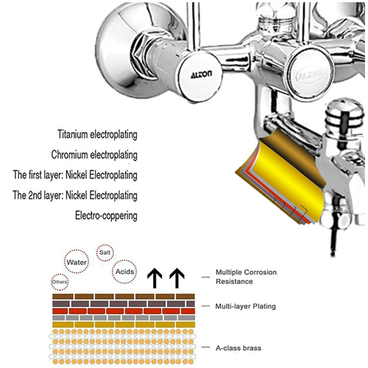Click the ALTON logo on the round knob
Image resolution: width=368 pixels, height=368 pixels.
[x=201, y=74]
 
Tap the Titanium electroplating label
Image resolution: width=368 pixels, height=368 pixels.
[x=97, y=135]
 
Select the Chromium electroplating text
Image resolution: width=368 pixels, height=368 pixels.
[x=94, y=155]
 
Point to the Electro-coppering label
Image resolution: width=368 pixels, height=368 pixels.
[x=106, y=216]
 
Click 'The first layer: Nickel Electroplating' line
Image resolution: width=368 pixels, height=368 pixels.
[x=75, y=175]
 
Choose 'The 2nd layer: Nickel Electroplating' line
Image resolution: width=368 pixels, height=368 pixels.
[x=75, y=196]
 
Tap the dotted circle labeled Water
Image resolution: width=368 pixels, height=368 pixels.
[x=77, y=262]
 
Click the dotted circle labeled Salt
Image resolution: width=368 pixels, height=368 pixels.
[x=105, y=252]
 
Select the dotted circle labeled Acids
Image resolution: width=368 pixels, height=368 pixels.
[x=124, y=272]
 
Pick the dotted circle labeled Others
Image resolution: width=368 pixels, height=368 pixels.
[x=60, y=282]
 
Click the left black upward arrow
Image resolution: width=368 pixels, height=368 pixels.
[x=155, y=278]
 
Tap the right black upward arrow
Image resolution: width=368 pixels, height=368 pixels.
[x=177, y=278]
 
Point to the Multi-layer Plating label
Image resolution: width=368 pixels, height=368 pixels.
[x=246, y=306]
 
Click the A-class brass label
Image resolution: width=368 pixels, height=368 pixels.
[x=238, y=348]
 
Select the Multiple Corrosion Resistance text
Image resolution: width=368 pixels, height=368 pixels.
[x=246, y=277]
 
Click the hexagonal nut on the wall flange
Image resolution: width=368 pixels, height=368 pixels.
[x=144, y=57]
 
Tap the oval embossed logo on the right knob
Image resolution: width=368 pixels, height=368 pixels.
[x=310, y=74]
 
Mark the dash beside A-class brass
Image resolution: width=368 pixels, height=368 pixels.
[x=205, y=347]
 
